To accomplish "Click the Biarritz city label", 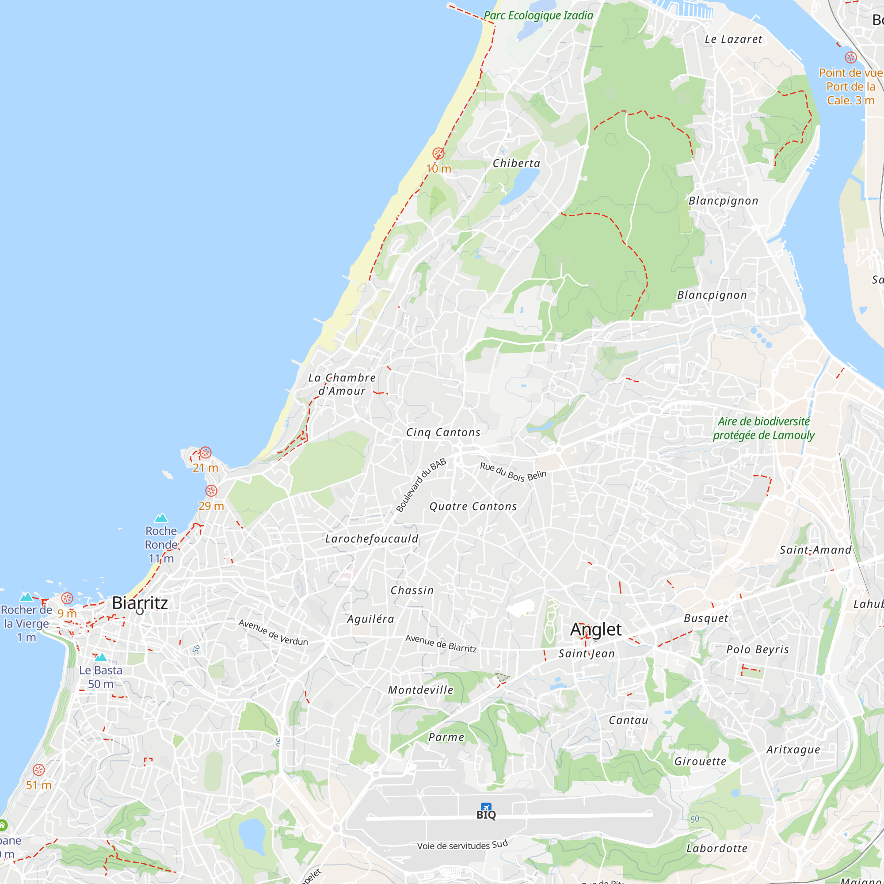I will click(140, 603).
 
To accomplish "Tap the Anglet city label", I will click(596, 629).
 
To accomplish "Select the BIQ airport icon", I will click(485, 808).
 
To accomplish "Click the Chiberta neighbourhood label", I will click(516, 164).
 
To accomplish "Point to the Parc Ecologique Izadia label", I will click(538, 15).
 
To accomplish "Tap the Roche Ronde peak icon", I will click(161, 518).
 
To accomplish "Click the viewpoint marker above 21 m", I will click(206, 453).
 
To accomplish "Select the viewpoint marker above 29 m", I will click(211, 491).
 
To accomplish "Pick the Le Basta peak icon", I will click(101, 658).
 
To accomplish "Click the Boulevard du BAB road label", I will click(420, 485).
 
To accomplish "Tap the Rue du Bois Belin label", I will click(513, 472).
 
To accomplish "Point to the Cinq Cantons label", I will click(443, 432).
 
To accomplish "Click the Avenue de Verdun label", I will click(273, 633).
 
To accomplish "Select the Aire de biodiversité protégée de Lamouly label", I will click(764, 428).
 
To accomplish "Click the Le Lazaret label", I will click(733, 39).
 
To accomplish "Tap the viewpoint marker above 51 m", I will click(39, 770).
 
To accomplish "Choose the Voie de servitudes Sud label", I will click(462, 845).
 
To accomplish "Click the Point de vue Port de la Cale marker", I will click(850, 57).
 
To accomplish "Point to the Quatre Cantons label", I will click(472, 507).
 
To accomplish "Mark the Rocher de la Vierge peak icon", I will click(27, 597).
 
